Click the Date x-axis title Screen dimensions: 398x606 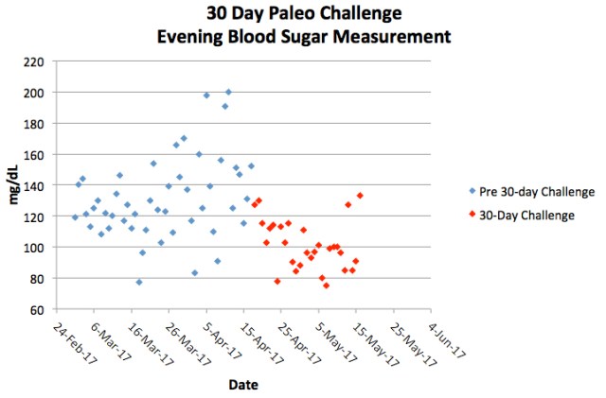(x=244, y=385)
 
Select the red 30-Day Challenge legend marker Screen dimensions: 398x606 (x=472, y=216)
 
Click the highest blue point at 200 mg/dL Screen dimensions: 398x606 (x=228, y=92)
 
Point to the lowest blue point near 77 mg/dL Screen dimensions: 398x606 (x=139, y=282)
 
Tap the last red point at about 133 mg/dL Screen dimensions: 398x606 (x=360, y=196)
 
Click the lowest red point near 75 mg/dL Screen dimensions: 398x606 (x=326, y=286)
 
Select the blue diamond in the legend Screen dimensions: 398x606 (x=472, y=192)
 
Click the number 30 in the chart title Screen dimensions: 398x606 (x=221, y=15)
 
